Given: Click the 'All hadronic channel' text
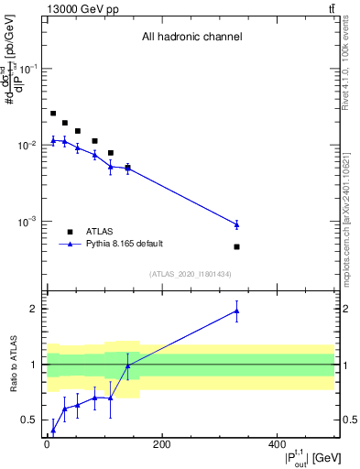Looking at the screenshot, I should click(x=191, y=38).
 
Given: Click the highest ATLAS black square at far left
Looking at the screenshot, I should click(x=53, y=114).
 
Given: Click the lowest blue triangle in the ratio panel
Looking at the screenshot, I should click(x=53, y=430).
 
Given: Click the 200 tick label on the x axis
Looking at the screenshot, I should click(x=161, y=445).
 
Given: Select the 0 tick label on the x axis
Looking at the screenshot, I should click(x=47, y=445).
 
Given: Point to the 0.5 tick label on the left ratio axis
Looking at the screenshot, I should click(x=29, y=420).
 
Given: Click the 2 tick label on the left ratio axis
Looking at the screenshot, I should click(x=34, y=309).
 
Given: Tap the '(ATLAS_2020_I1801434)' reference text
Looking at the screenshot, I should click(x=191, y=274).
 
